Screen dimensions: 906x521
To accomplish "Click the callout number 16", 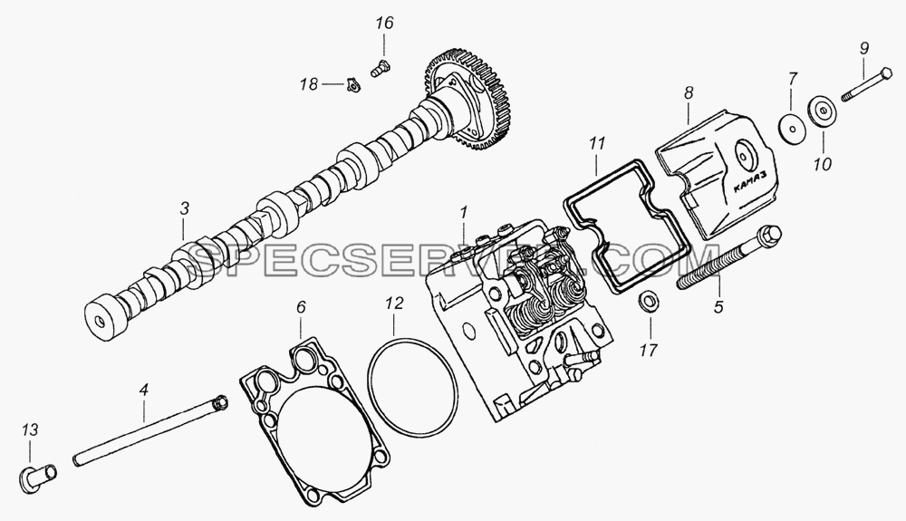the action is coord(384,24).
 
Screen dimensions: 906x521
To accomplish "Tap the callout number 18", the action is coord(309,84).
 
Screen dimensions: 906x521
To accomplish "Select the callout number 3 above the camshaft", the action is coord(184,209).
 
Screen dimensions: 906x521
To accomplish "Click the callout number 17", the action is coord(649,350).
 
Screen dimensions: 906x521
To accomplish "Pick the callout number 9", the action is coord(863,48).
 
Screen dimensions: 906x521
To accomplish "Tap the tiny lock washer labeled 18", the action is coord(350,85).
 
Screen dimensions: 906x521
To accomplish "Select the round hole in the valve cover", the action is coord(745,155).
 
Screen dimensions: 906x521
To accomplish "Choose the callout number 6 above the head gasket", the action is coord(301,306).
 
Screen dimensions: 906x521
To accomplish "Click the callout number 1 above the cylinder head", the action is coord(463,213).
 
